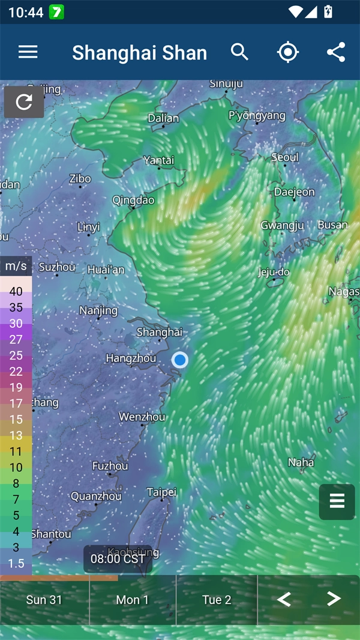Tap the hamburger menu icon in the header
[28, 52]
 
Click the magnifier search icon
[239, 52]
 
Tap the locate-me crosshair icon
[288, 52]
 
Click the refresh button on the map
[24, 102]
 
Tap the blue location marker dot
[180, 360]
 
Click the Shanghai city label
[159, 332]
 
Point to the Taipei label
[161, 492]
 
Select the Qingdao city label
[133, 200]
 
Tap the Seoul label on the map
[284, 157]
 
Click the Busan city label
[332, 225]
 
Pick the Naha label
[301, 462]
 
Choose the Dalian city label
[163, 118]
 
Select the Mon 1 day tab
[133, 600]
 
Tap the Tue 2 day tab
[217, 600]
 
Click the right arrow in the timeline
[334, 599]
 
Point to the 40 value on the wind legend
[16, 292]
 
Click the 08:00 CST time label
[118, 559]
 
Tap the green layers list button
[337, 501]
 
